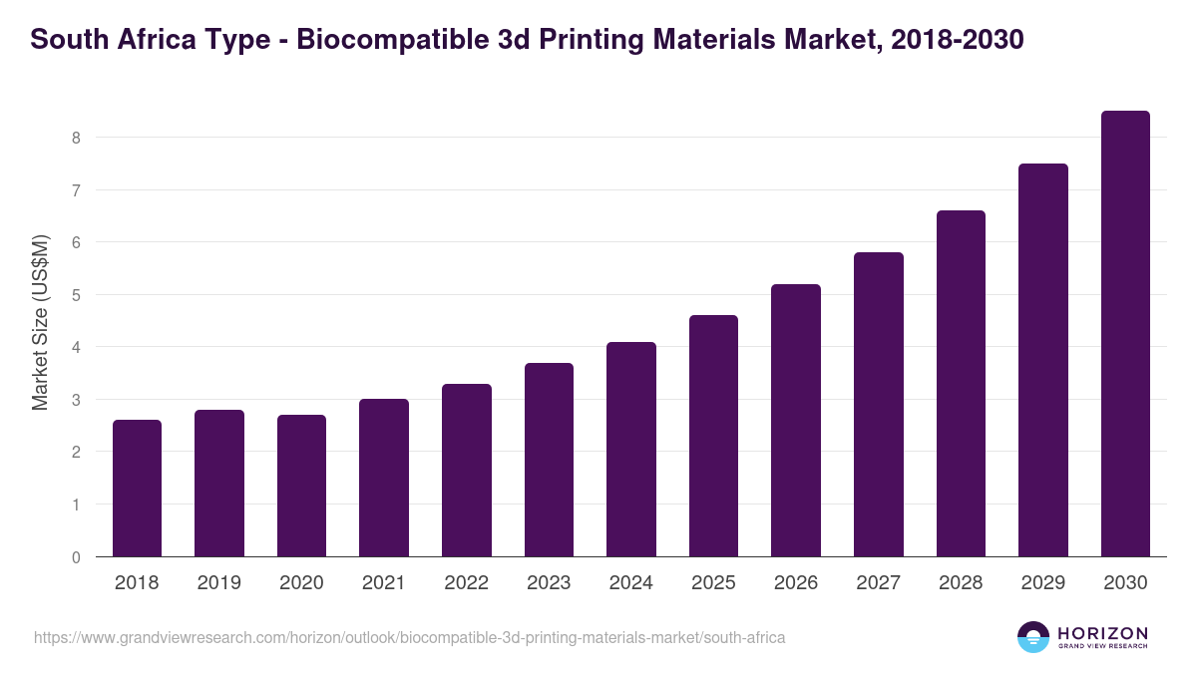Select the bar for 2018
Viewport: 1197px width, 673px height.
click(x=137, y=489)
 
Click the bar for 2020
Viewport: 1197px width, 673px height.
click(x=301, y=486)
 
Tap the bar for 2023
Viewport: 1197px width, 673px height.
click(x=549, y=460)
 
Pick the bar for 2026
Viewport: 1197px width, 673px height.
click(x=796, y=420)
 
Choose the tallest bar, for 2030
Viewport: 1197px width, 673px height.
click(x=1125, y=334)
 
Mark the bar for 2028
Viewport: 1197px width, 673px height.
click(x=961, y=384)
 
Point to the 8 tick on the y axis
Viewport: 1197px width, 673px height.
click(x=76, y=138)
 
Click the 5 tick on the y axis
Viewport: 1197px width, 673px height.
click(x=76, y=295)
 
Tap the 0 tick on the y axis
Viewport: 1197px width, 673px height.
click(x=76, y=557)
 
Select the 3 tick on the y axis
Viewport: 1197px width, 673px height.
click(x=76, y=400)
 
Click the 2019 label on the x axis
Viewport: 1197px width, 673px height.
click(x=218, y=583)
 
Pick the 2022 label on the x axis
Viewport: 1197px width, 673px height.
click(x=466, y=583)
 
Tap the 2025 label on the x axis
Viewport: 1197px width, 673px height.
click(x=713, y=583)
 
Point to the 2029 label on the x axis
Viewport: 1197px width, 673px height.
click(x=1042, y=583)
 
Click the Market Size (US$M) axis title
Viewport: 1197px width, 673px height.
click(x=40, y=321)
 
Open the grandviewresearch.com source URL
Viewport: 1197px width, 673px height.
click(x=410, y=637)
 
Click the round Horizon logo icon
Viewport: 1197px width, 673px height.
click(x=1033, y=637)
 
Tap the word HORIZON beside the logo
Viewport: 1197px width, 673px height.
click(x=1102, y=633)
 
